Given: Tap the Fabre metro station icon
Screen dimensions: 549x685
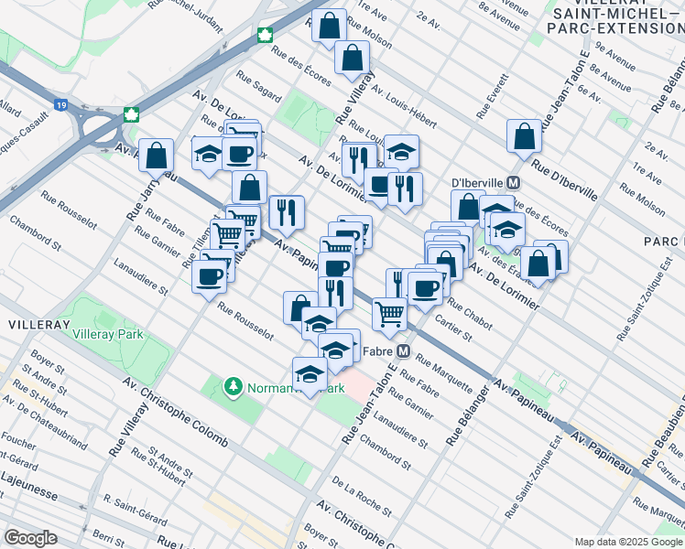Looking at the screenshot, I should coord(403,350).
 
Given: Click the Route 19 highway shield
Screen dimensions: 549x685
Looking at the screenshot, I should coord(60,105).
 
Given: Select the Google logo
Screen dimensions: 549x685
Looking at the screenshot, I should coord(30,538).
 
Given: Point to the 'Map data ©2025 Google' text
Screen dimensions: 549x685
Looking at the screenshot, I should coord(628,542).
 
